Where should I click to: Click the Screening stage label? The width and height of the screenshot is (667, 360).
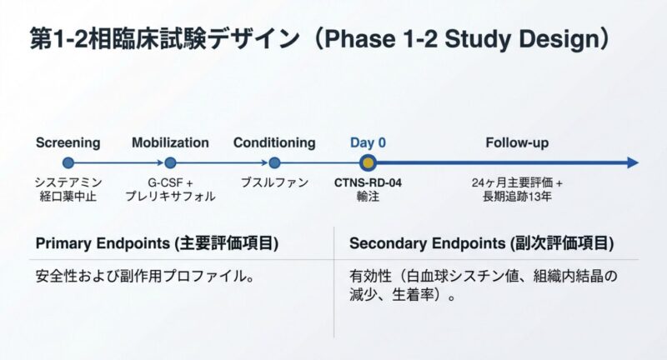[68, 142]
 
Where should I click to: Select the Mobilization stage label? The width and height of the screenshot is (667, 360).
[170, 142]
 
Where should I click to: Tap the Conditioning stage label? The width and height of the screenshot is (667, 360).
[274, 142]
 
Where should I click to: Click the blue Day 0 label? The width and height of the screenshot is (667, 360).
[368, 142]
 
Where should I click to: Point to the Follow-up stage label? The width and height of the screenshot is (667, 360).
[517, 142]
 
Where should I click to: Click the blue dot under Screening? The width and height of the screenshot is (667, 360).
[68, 162]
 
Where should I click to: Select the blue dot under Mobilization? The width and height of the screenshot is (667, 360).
[170, 162]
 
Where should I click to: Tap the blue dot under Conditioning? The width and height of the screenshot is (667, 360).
[275, 162]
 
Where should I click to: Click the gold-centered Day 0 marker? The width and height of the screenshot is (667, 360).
[368, 162]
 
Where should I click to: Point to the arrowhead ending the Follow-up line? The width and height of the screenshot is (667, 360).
[633, 162]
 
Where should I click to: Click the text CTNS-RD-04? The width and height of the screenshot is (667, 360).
[368, 182]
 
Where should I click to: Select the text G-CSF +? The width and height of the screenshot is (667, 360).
[170, 182]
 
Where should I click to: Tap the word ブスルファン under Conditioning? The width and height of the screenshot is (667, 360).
[275, 182]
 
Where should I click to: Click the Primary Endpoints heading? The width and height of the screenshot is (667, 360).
[157, 243]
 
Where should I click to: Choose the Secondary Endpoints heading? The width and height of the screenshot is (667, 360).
[482, 243]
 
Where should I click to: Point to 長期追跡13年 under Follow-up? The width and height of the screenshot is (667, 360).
[517, 197]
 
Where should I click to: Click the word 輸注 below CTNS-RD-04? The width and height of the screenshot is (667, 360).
[368, 197]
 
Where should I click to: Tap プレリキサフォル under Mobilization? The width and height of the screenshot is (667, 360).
[170, 197]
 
